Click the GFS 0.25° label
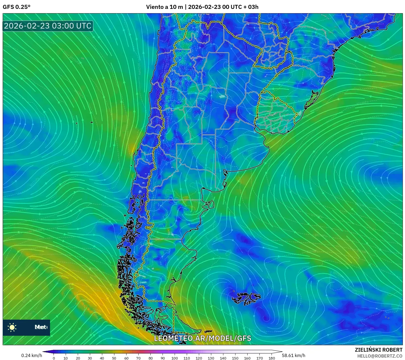coord(16,7)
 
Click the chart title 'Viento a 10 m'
coord(164,7)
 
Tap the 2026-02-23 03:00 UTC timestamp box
coord(48,26)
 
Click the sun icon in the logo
coord(12,327)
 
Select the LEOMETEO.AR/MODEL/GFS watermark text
coord(202,338)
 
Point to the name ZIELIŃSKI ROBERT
coord(378,350)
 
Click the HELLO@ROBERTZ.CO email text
coord(380,356)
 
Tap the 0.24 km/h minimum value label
coord(31,355)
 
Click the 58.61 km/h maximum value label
coord(293,355)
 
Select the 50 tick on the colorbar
coord(114,358)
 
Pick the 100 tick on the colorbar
coord(175,358)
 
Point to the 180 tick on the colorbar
coord(272,358)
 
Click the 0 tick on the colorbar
coord(54,358)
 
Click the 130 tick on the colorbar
coord(211,358)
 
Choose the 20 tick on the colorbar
coord(78,358)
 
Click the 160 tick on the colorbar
coord(247,358)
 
